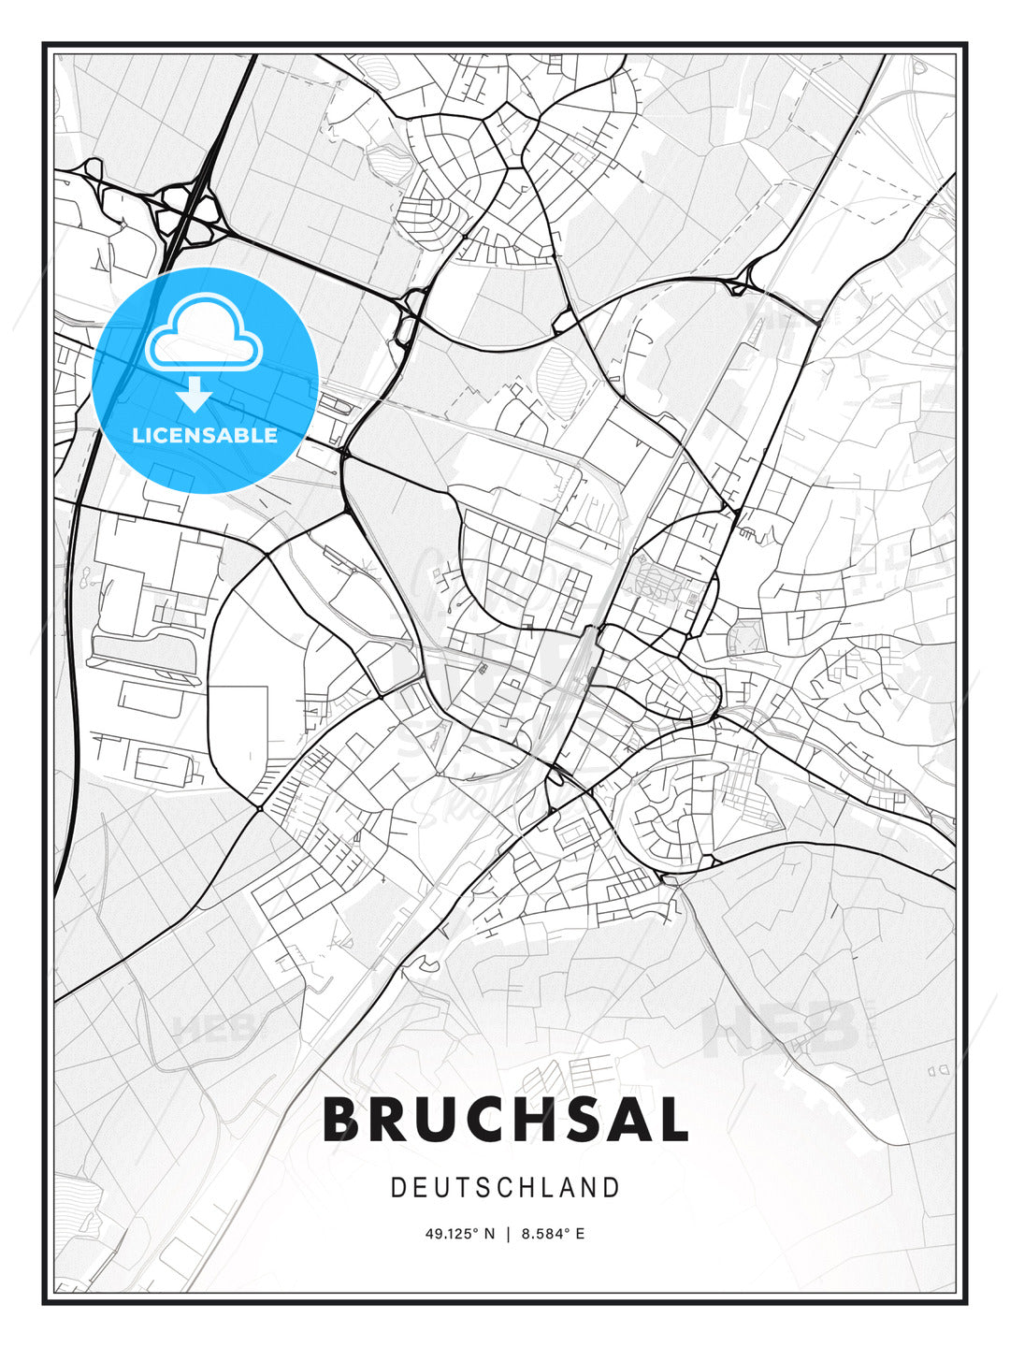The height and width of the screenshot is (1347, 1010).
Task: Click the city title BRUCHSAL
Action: coord(505,1120)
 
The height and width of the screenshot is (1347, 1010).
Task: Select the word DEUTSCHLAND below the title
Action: coord(505,1188)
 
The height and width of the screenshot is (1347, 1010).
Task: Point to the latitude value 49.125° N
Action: coord(459,1234)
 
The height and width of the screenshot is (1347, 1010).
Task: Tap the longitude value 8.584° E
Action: coord(553,1234)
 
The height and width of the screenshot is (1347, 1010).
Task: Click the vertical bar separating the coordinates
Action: coord(508,1234)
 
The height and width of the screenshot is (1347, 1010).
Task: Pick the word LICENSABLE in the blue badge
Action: coord(205,435)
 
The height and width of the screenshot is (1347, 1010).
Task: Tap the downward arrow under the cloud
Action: coord(195,395)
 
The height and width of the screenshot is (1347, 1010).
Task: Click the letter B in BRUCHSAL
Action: coord(343,1120)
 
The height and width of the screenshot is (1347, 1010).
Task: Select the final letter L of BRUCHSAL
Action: coord(671,1120)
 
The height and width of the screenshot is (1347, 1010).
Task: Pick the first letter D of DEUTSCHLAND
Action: coord(397,1188)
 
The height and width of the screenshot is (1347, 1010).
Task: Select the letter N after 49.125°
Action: coord(488,1234)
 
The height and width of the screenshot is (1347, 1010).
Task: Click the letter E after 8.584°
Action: coord(580,1234)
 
